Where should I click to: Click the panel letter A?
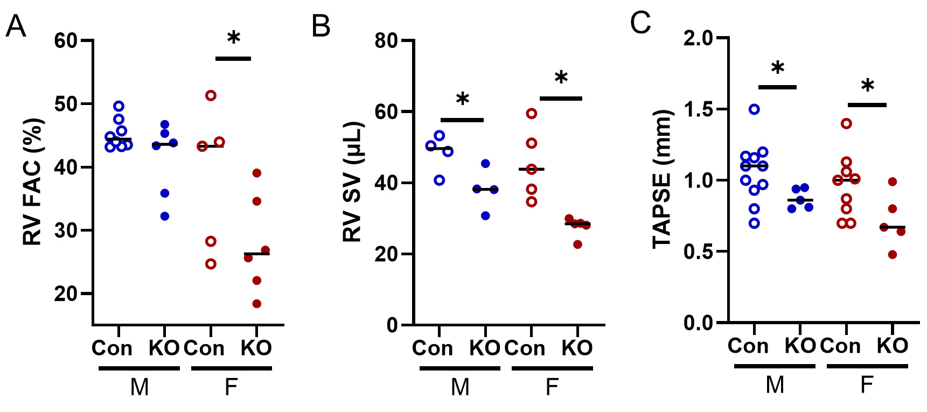pos(16,26)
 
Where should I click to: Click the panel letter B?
pos(321,26)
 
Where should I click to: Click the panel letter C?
pos(640,24)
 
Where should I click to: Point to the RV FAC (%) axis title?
pos(32,182)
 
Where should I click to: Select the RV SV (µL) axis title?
pos(353,182)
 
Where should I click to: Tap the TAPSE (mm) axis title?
pos(663,179)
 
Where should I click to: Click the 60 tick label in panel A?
pos(66,41)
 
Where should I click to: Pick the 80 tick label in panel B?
pos(387,41)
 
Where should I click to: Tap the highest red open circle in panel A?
pos(211,96)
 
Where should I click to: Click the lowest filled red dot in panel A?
pos(257,304)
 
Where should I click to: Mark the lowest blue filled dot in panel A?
pos(165,217)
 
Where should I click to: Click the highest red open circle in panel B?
pos(532,114)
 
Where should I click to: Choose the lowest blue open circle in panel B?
pos(440,180)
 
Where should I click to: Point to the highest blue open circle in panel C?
pos(755,109)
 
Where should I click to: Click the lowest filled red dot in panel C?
pos(893,255)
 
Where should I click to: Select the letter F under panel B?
pos(552,387)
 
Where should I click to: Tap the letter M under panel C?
pos(775,385)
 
